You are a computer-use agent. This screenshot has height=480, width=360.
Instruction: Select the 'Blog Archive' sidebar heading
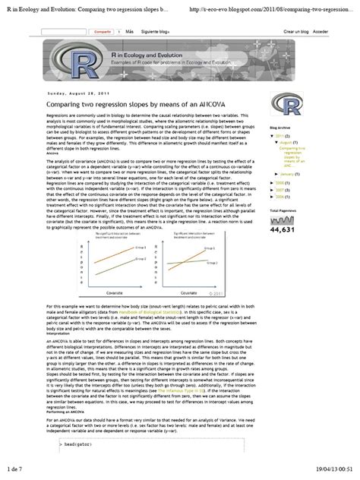click(x=282, y=129)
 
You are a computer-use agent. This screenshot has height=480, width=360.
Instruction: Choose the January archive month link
click(x=289, y=174)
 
